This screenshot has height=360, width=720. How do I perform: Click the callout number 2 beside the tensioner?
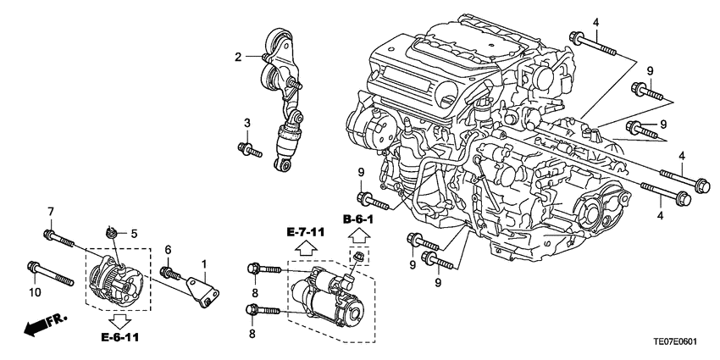click(x=239, y=57)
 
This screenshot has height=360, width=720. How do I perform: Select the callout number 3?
click(x=247, y=125)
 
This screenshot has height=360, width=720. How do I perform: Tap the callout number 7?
click(x=50, y=211)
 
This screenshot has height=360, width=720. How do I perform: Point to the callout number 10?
click(x=34, y=292)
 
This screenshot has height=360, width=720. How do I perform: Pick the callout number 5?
click(x=133, y=232)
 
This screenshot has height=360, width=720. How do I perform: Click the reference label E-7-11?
click(x=305, y=230)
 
